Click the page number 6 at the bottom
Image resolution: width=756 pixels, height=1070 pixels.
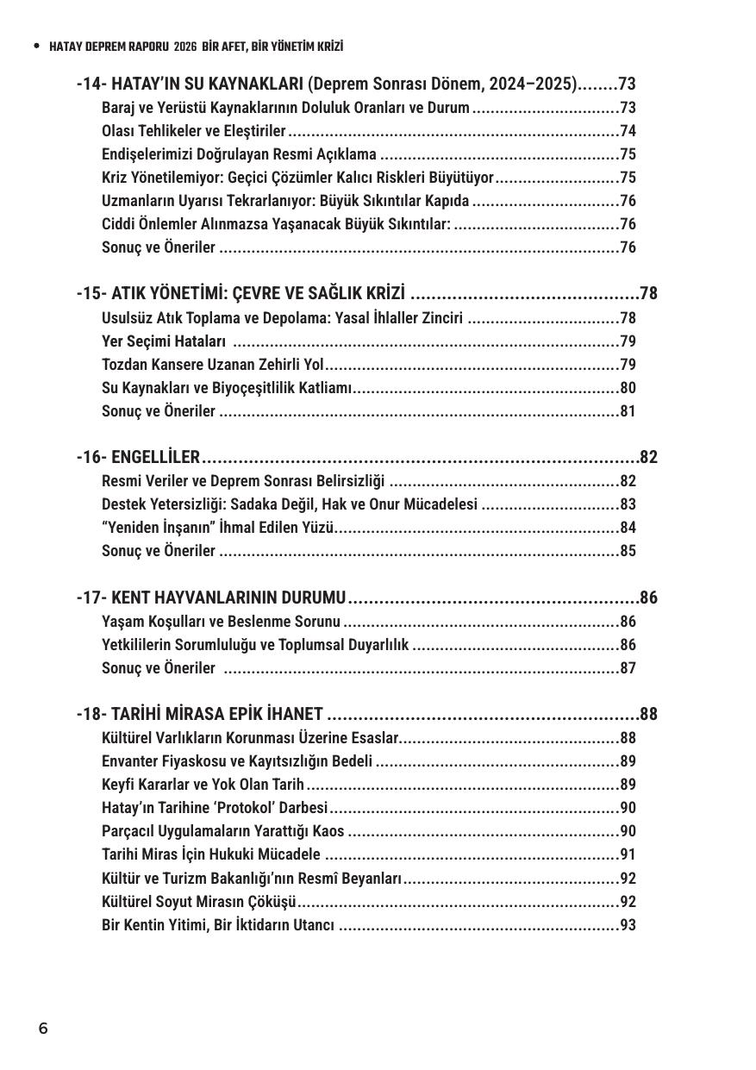pos(43,1029)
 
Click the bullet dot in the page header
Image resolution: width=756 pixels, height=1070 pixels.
pos(35,46)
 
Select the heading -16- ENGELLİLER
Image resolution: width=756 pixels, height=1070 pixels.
pos(138,457)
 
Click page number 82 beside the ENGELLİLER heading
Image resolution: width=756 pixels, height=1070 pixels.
pos(648,457)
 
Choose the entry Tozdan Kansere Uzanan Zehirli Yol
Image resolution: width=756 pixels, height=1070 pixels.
pos(212,365)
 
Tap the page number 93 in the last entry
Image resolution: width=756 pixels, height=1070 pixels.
pos(628,925)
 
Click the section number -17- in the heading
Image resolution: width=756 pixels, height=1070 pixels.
pos(91,598)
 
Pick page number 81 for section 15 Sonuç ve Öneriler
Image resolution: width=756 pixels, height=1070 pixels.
pos(628,411)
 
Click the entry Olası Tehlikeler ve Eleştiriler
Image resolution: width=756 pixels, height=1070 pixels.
pos(193,131)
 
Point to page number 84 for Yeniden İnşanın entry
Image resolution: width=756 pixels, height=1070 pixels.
pos(628,528)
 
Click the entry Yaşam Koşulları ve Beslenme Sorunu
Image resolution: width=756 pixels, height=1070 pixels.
pos(221,622)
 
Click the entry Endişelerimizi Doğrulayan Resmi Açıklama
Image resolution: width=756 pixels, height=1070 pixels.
pos(239,154)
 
